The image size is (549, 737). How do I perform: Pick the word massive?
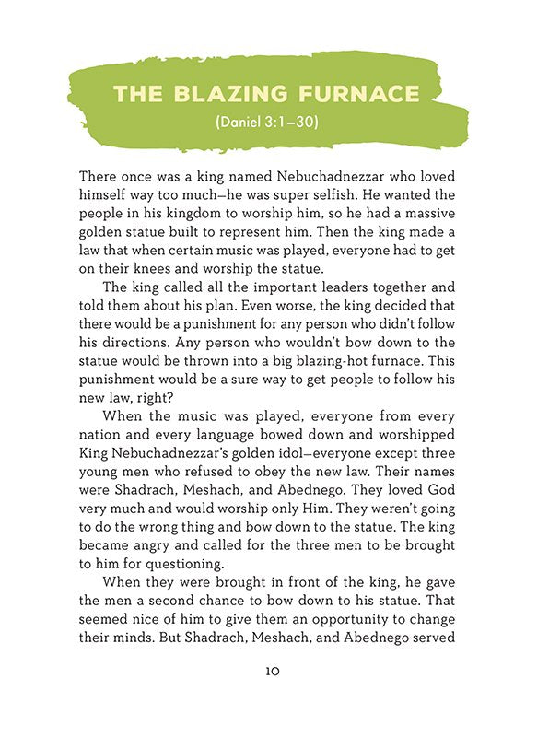[438, 216]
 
